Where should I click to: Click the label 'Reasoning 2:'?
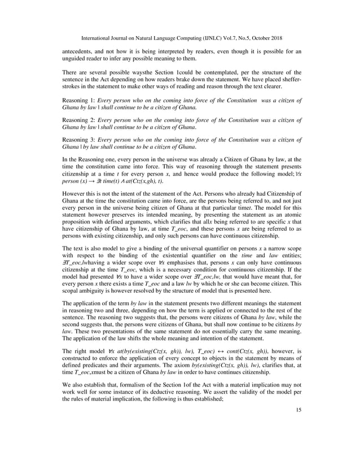coord(78,120)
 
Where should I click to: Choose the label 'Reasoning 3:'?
coord(78,139)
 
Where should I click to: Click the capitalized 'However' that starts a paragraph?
coord(74,191)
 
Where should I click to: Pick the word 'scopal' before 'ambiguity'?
coord(73,300)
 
